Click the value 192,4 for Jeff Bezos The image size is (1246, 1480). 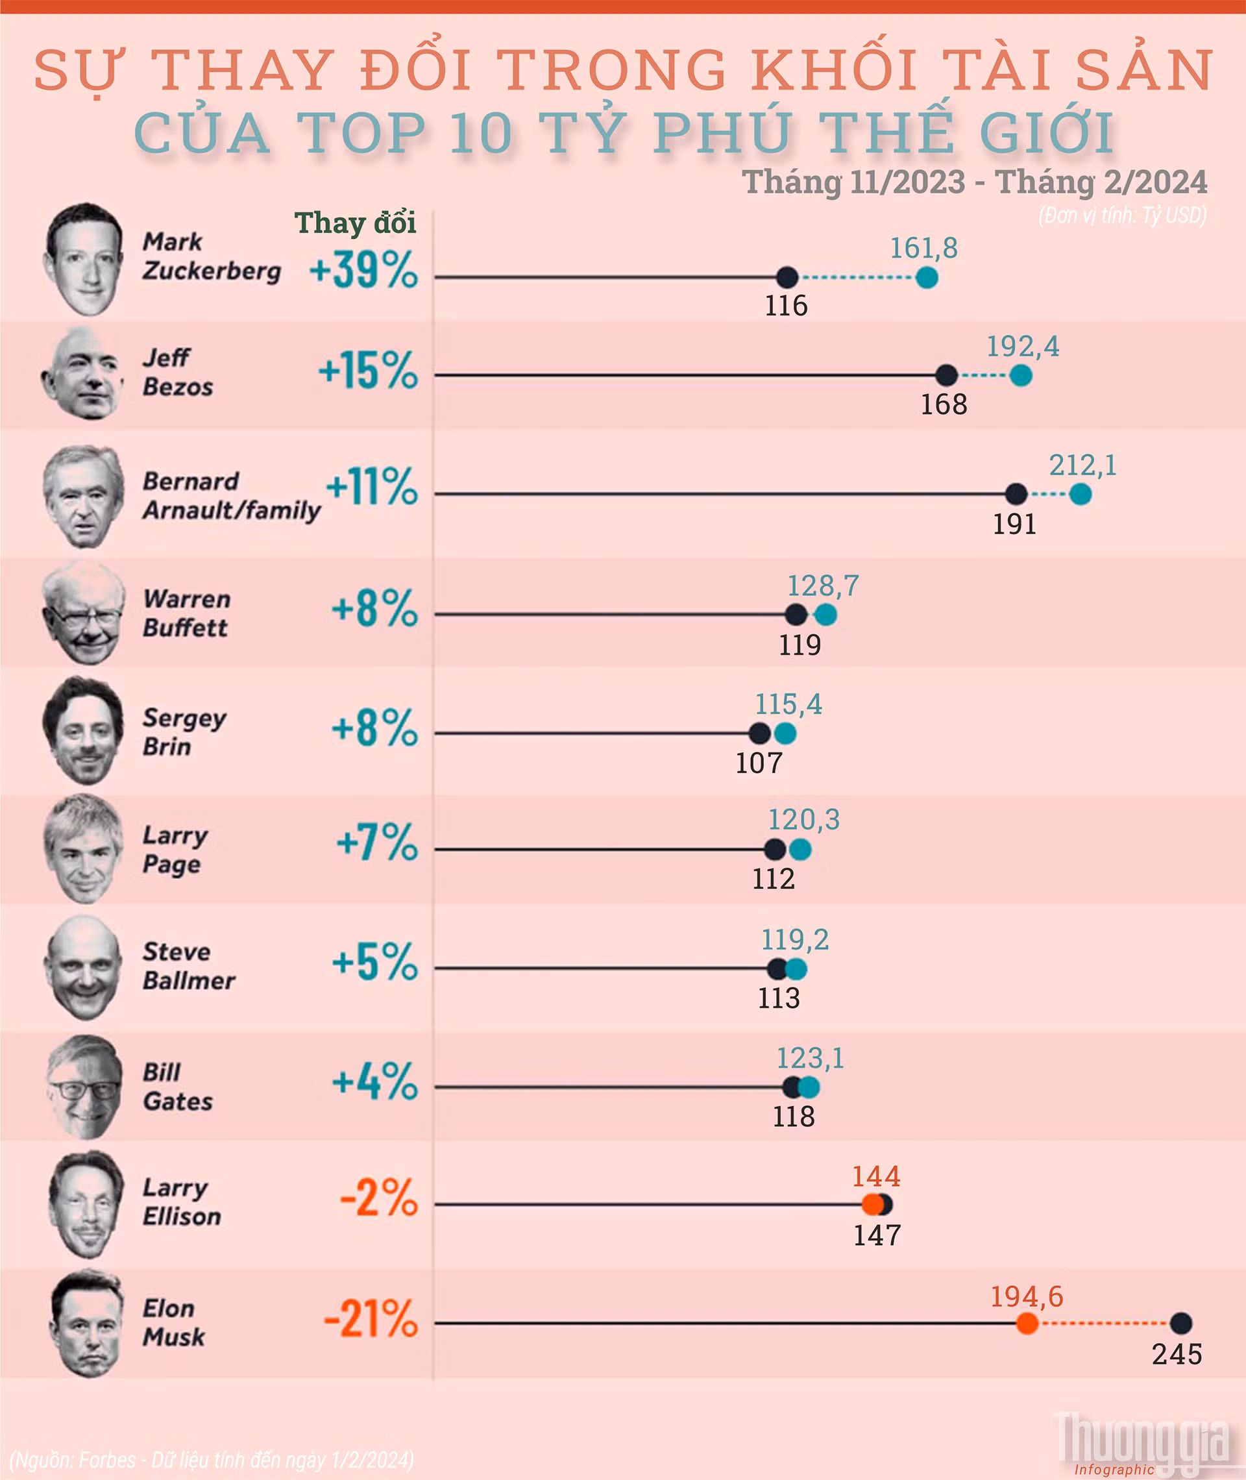[x=1022, y=346]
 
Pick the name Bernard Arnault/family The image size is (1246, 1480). [x=231, y=495]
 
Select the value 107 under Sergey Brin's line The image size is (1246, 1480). [x=759, y=763]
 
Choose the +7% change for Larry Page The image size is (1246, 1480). [x=376, y=842]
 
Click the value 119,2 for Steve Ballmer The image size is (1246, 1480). [x=794, y=939]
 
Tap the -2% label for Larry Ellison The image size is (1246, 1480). [x=378, y=1198]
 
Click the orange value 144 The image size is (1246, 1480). [x=876, y=1176]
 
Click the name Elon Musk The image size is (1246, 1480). [x=174, y=1322]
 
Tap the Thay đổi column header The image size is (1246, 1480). [x=354, y=223]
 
